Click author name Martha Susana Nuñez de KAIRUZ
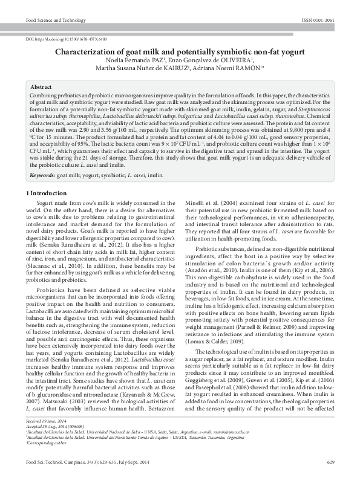[x=143, y=69]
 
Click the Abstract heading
[x=41, y=88]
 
